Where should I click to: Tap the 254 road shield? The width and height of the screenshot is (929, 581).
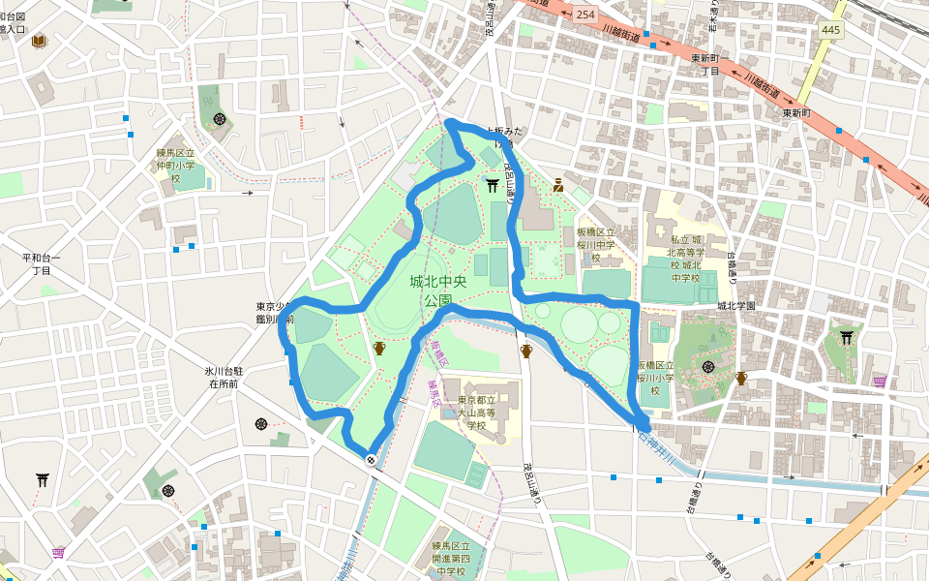585,15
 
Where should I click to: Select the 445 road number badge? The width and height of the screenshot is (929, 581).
831,30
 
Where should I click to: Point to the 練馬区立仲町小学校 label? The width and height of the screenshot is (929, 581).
176,166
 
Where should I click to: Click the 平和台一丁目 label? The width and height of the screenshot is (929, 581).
41,264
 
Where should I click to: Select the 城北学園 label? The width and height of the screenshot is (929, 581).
735,306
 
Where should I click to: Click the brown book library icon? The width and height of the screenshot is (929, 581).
38,42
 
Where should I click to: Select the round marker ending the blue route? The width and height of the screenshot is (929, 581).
371,460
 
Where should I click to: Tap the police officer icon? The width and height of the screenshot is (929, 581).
558,185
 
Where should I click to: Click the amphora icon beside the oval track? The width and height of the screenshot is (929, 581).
378,348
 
